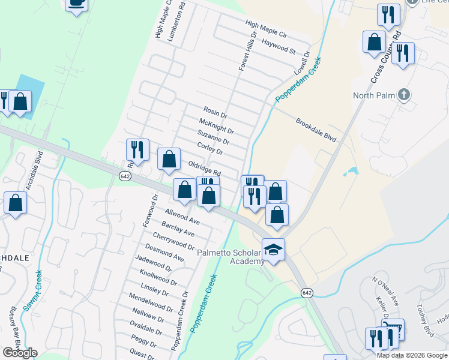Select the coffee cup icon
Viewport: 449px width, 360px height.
coord(76,3)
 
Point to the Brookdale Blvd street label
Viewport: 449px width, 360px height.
coord(315,130)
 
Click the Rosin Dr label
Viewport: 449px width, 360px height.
coord(215,112)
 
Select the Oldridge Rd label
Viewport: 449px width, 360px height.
coord(205,167)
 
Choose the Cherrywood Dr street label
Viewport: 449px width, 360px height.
coord(173,242)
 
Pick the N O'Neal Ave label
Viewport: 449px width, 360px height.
coord(385,291)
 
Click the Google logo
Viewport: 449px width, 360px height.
coord(20,353)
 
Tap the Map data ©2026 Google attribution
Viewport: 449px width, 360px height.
coord(412,355)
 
